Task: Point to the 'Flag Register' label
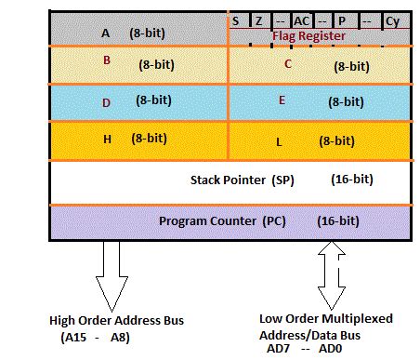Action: [x=308, y=35]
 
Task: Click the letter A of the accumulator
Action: [x=105, y=33]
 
